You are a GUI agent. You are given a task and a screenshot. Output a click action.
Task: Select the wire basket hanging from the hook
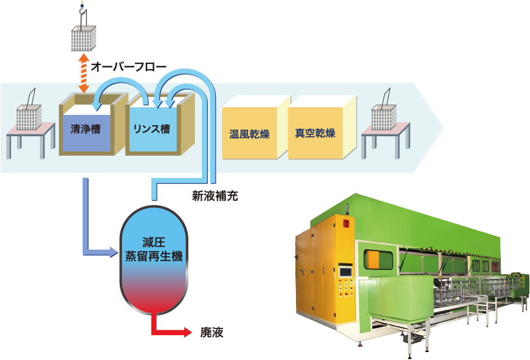(x=83, y=39)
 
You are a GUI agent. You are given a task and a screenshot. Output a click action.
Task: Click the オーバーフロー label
(x=128, y=65)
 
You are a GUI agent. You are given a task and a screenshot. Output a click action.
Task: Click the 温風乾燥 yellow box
(x=249, y=133)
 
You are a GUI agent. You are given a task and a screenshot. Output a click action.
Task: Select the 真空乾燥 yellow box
(x=315, y=133)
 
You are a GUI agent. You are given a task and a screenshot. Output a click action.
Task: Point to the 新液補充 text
(x=212, y=196)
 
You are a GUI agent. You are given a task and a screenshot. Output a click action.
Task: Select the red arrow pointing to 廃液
(x=176, y=332)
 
